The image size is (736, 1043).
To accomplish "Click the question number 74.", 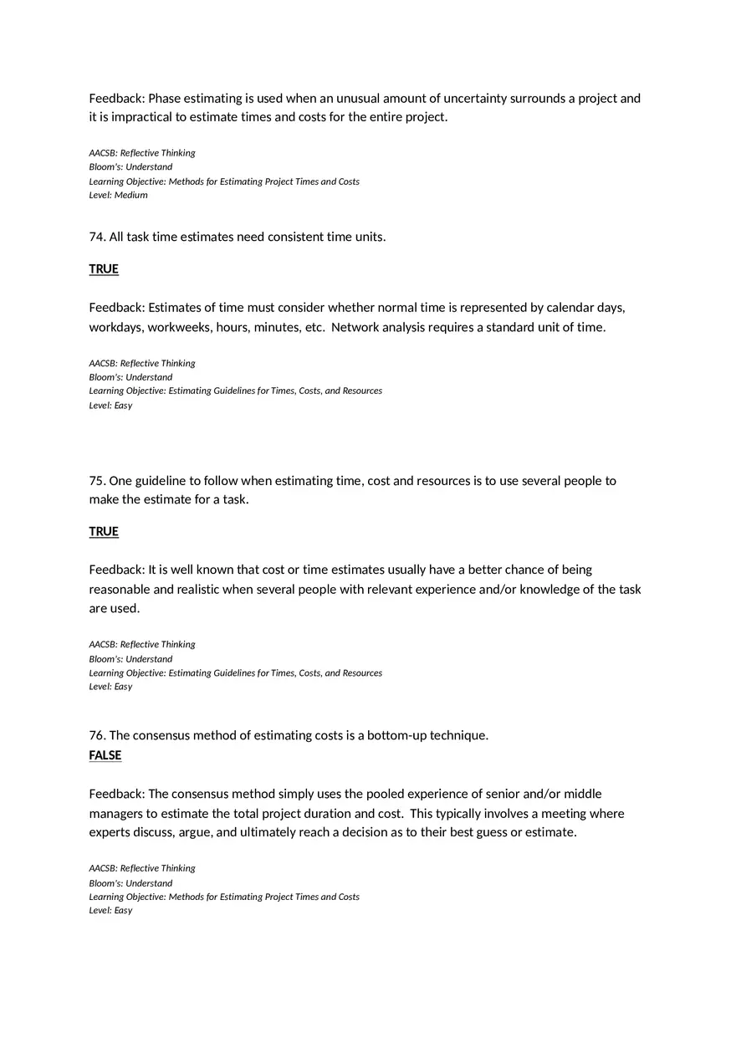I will click(x=97, y=237).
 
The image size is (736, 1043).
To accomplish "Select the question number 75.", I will click(x=97, y=481).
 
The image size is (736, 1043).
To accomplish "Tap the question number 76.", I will click(x=97, y=735).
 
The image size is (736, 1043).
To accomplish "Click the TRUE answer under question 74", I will click(x=104, y=269).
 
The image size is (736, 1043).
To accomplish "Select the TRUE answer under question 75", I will click(x=104, y=532).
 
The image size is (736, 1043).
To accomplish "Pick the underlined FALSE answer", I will click(x=105, y=755).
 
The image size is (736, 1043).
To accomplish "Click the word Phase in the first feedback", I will click(x=166, y=99).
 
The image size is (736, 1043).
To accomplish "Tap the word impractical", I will click(x=136, y=117).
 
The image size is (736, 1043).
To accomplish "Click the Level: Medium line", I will click(x=118, y=196).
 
